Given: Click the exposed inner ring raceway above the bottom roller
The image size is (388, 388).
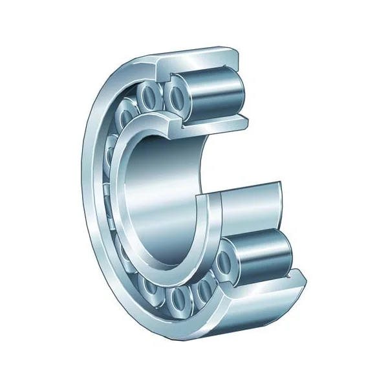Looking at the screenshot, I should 249,207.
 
